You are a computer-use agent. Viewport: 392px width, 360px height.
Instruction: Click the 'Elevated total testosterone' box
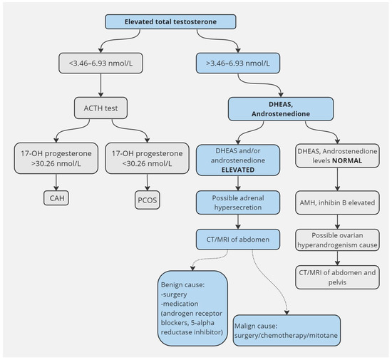(x=196, y=21)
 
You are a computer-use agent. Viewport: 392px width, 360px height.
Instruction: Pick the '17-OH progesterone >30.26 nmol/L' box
(x=55, y=158)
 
